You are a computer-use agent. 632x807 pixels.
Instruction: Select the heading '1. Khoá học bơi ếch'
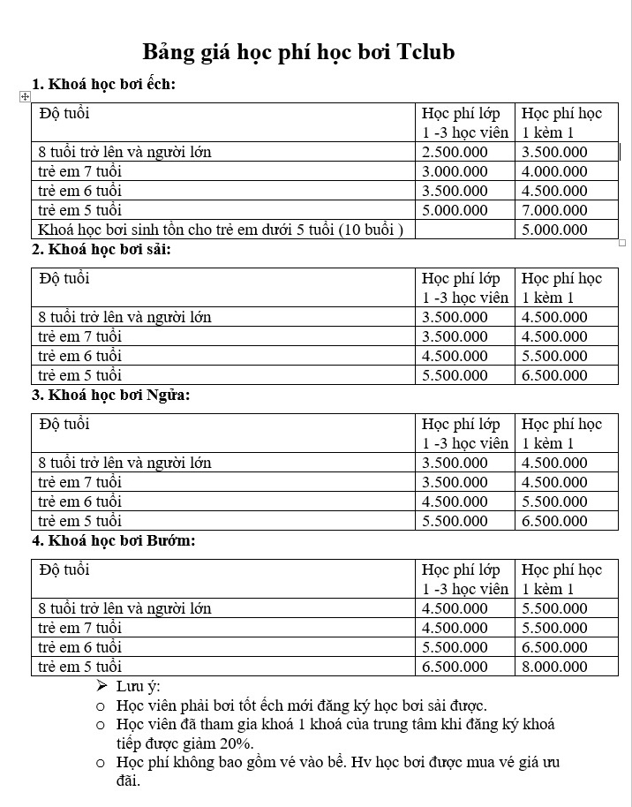(104, 85)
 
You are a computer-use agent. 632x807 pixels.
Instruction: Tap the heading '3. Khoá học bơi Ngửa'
(111, 395)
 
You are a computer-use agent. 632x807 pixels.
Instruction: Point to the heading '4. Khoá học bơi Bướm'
(114, 540)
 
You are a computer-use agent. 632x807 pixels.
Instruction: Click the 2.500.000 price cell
(455, 152)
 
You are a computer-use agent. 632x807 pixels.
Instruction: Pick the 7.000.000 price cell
(554, 210)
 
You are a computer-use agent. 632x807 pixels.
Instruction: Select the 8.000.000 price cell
(554, 667)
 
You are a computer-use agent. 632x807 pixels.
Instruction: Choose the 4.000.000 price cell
(554, 171)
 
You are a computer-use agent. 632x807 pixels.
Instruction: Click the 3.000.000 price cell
(455, 171)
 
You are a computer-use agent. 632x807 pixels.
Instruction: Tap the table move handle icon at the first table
(25, 96)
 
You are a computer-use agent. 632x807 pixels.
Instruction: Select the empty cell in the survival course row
(464, 230)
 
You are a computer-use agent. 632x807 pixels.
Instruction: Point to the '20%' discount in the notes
(237, 743)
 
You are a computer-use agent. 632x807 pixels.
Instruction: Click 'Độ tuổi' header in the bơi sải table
(64, 278)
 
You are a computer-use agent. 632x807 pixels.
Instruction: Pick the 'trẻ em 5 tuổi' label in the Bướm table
(80, 667)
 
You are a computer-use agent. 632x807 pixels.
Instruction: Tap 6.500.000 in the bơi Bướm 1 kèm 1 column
(554, 647)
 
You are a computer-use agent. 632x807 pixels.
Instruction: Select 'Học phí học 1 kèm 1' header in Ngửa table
(561, 433)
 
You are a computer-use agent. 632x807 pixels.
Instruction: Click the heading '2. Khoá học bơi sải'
(102, 249)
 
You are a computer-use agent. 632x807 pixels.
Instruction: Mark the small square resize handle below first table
(622, 242)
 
